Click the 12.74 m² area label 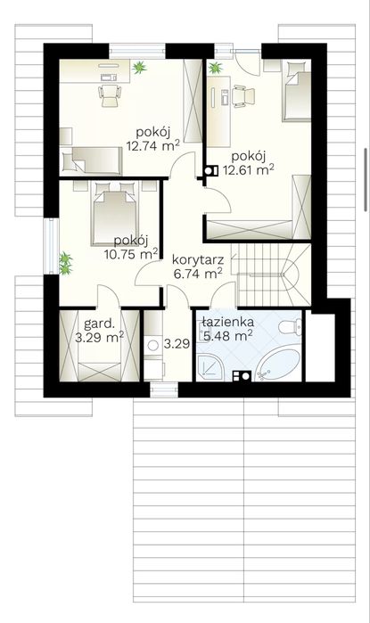(153, 145)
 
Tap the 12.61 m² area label (249, 169)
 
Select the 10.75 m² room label (131, 254)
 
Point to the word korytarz (198, 260)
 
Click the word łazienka (227, 322)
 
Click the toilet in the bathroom (290, 326)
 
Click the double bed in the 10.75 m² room (114, 214)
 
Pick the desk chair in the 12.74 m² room (110, 95)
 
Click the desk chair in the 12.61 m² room (243, 96)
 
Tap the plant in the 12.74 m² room (139, 67)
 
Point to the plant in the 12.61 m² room (216, 68)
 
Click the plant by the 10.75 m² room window (66, 263)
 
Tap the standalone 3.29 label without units (177, 344)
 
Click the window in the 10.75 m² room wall (51, 245)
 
